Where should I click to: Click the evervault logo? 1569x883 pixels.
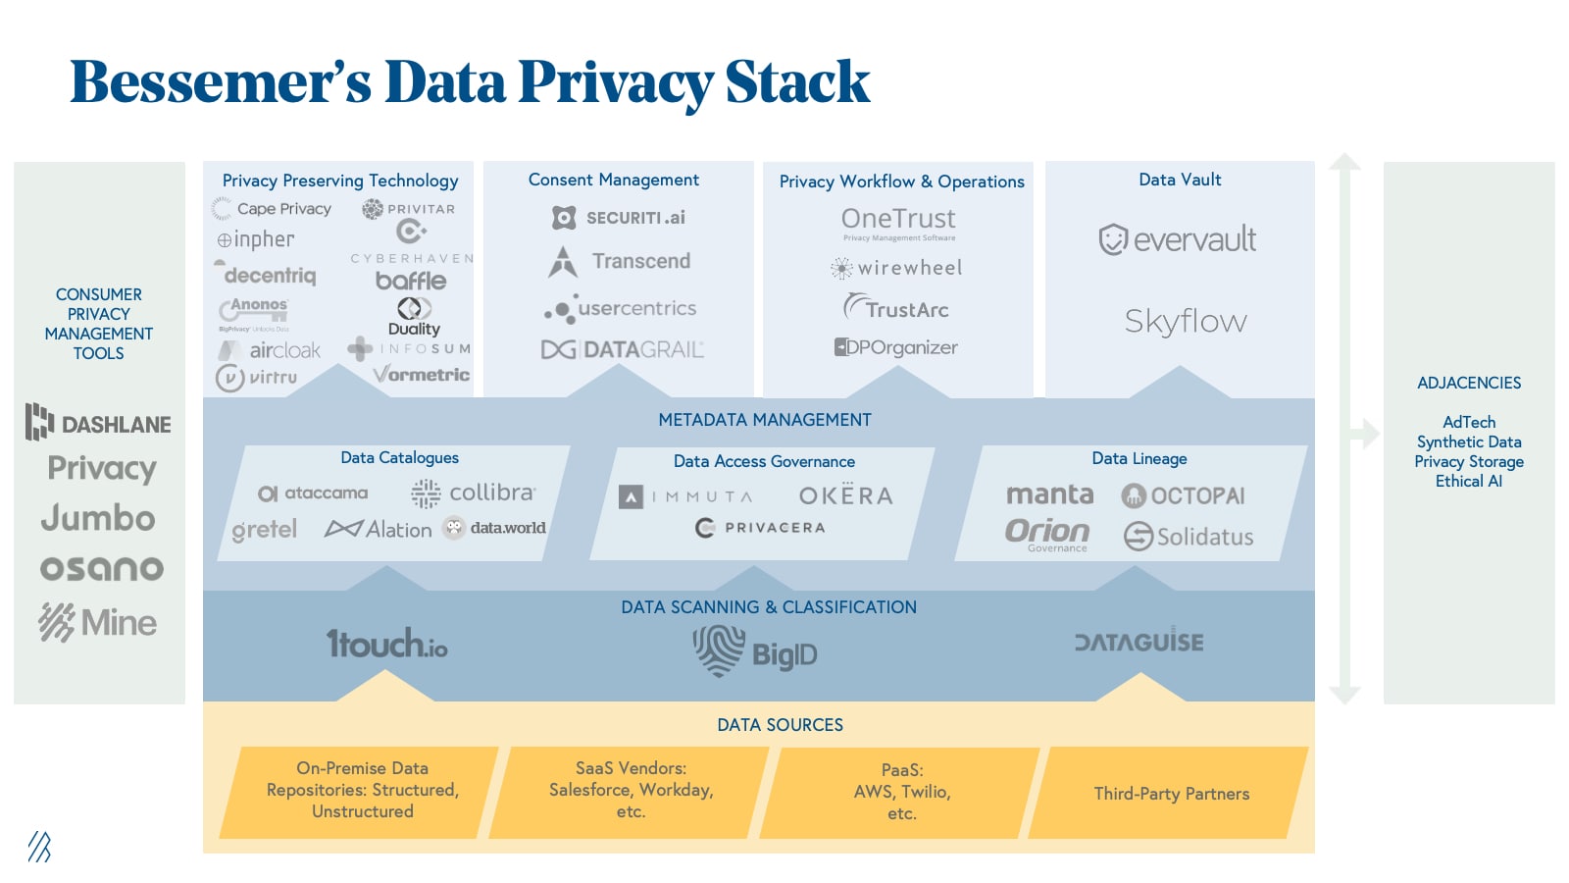click(x=1178, y=238)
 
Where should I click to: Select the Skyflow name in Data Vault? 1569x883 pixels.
click(x=1186, y=321)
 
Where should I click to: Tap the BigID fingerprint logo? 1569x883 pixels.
click(x=719, y=649)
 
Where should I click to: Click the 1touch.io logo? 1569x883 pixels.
click(x=386, y=644)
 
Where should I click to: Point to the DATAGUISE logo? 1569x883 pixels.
click(x=1139, y=642)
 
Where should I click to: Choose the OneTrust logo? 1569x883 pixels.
click(x=898, y=219)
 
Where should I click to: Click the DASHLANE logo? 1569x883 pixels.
click(x=98, y=423)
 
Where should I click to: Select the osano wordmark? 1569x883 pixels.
click(x=101, y=568)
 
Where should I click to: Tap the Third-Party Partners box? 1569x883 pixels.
click(x=1171, y=793)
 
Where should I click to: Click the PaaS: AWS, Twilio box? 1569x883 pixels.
click(x=901, y=792)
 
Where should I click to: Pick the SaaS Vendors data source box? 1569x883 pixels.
click(x=631, y=790)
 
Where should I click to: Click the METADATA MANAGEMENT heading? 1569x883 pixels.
click(x=764, y=420)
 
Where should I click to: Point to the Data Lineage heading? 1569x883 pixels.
click(x=1139, y=458)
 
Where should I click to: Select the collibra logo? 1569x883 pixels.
click(x=474, y=493)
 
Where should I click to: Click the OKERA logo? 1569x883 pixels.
click(x=845, y=495)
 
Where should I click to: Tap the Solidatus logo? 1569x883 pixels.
click(x=1189, y=537)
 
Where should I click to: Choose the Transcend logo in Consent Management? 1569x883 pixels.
click(x=620, y=262)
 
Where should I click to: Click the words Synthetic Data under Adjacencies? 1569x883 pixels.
click(x=1468, y=441)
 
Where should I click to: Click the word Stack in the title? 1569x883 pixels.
click(x=796, y=81)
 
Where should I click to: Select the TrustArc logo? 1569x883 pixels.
click(x=896, y=309)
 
